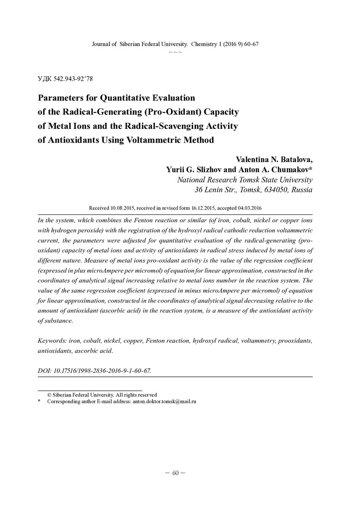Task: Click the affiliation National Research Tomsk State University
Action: [244, 180]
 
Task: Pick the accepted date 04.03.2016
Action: [250, 208]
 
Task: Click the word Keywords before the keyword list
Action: [52, 341]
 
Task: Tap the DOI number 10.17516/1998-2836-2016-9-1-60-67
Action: [101, 370]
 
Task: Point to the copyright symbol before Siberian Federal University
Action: [49, 394]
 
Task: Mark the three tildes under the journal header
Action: [175, 51]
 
